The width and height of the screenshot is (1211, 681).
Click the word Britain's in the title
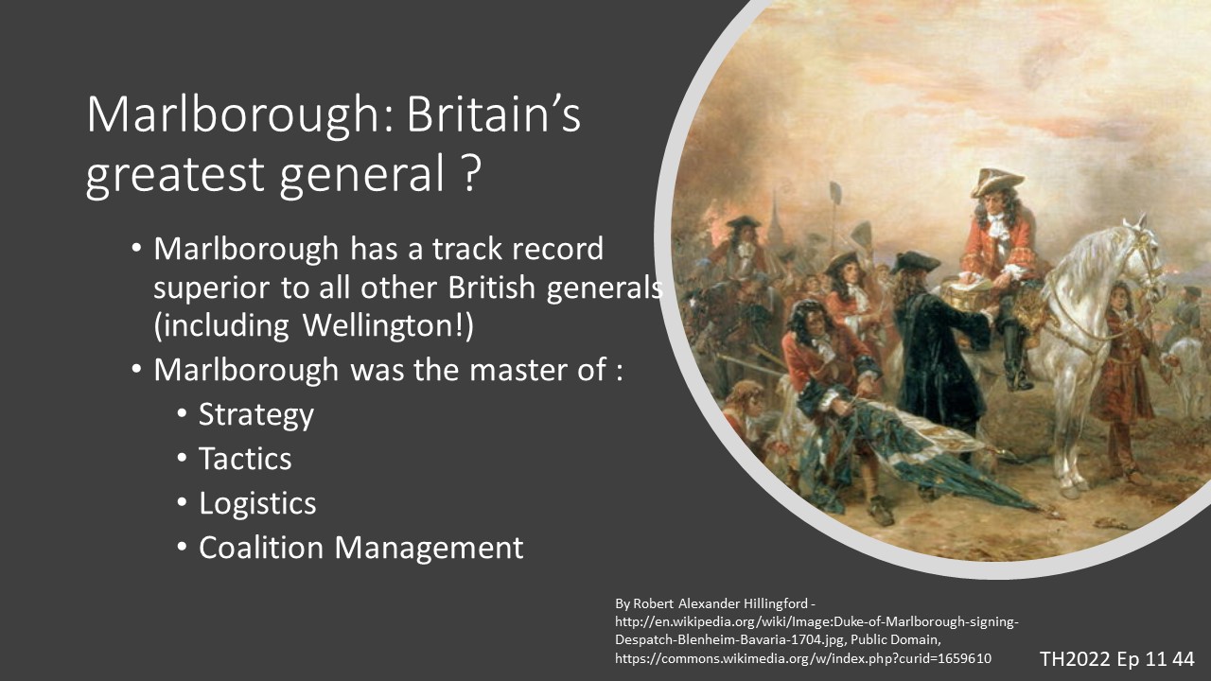coord(494,114)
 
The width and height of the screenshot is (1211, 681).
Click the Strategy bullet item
coord(255,415)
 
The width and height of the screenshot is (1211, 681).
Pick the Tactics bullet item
coord(245,459)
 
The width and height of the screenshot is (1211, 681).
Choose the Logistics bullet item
coord(257,504)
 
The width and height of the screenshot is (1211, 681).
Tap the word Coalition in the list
coord(261,547)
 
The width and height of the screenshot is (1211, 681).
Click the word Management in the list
coord(430,548)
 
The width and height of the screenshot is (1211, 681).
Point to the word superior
coord(211,288)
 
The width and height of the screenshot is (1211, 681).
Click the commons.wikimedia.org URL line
coord(803,659)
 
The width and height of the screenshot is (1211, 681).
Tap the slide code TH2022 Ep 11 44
coord(1117,659)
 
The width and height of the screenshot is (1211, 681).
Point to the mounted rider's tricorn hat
coord(996,182)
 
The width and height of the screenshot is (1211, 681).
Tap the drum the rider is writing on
coord(968,294)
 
